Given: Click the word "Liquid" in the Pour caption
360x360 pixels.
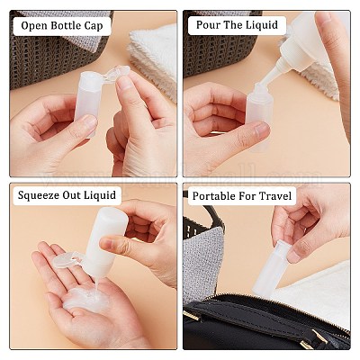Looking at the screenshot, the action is [x=262, y=25].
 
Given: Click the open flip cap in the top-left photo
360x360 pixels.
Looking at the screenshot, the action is [x=116, y=74].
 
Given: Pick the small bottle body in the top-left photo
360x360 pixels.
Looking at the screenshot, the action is [x=87, y=103].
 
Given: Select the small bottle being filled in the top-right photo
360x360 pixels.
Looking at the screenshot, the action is [x=258, y=115].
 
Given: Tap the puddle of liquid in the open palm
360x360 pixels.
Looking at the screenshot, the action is [x=86, y=299].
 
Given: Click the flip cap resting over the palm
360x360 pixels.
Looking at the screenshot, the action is [x=67, y=261].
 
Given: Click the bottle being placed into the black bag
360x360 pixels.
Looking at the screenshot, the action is [x=271, y=268].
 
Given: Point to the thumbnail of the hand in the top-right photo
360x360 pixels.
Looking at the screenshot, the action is [x=261, y=129].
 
